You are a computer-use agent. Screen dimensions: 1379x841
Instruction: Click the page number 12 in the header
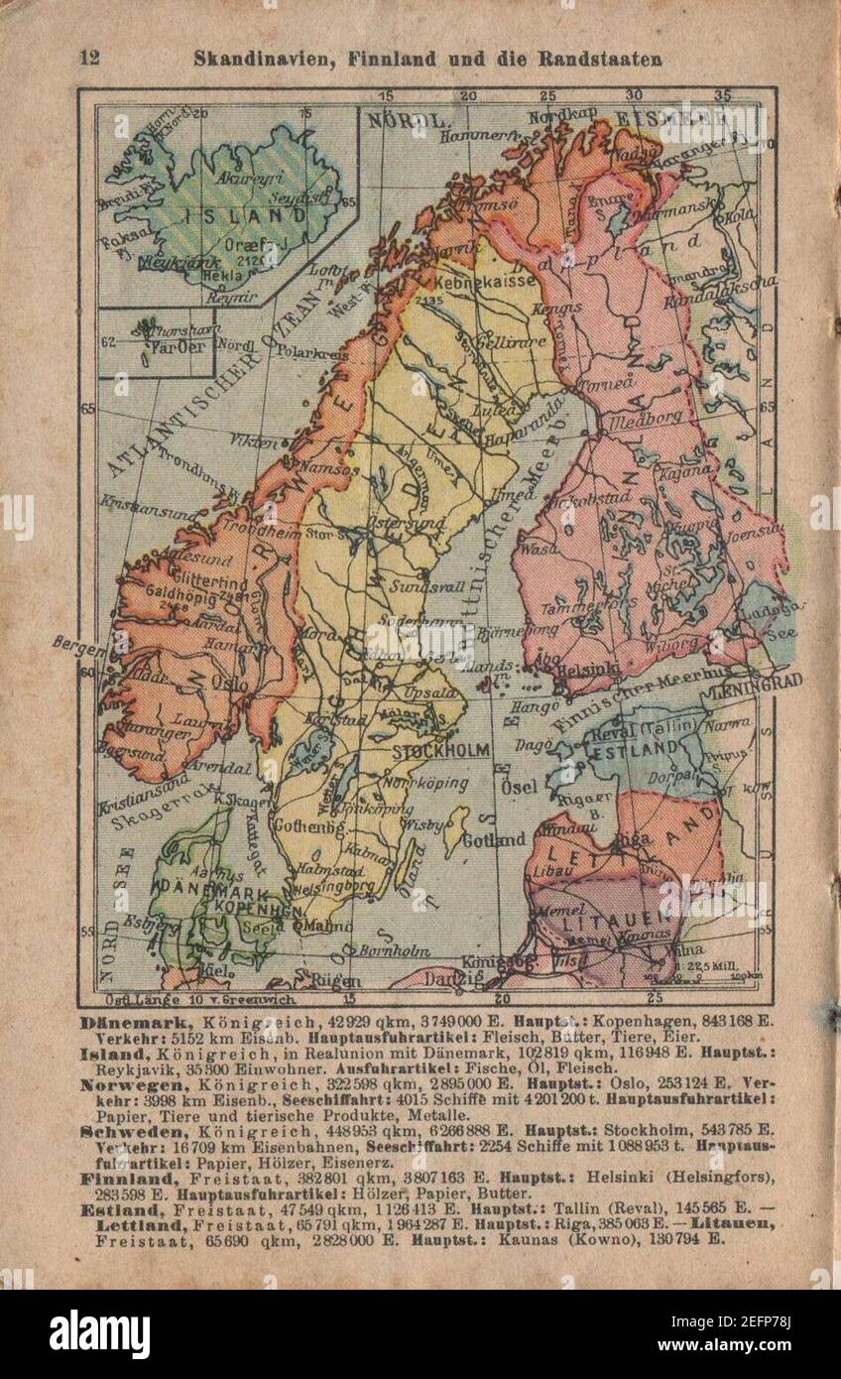pyautogui.click(x=89, y=58)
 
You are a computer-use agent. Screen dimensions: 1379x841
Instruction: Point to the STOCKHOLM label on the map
pyautogui.click(x=440, y=750)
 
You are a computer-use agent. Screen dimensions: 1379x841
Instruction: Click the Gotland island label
pyautogui.click(x=496, y=839)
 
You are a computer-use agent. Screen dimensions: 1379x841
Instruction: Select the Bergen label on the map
pyautogui.click(x=78, y=649)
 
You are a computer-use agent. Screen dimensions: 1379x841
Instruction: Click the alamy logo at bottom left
pyautogui.click(x=99, y=1333)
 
